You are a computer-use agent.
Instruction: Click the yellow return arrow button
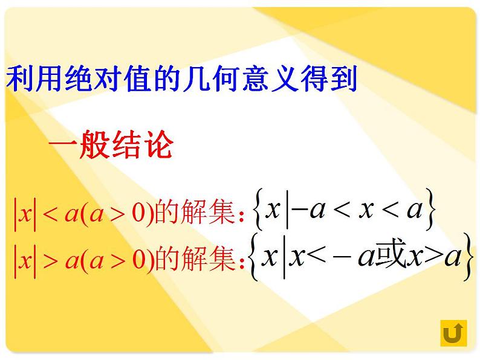[x=453, y=333]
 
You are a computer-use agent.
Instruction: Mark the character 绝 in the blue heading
[x=87, y=79]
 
